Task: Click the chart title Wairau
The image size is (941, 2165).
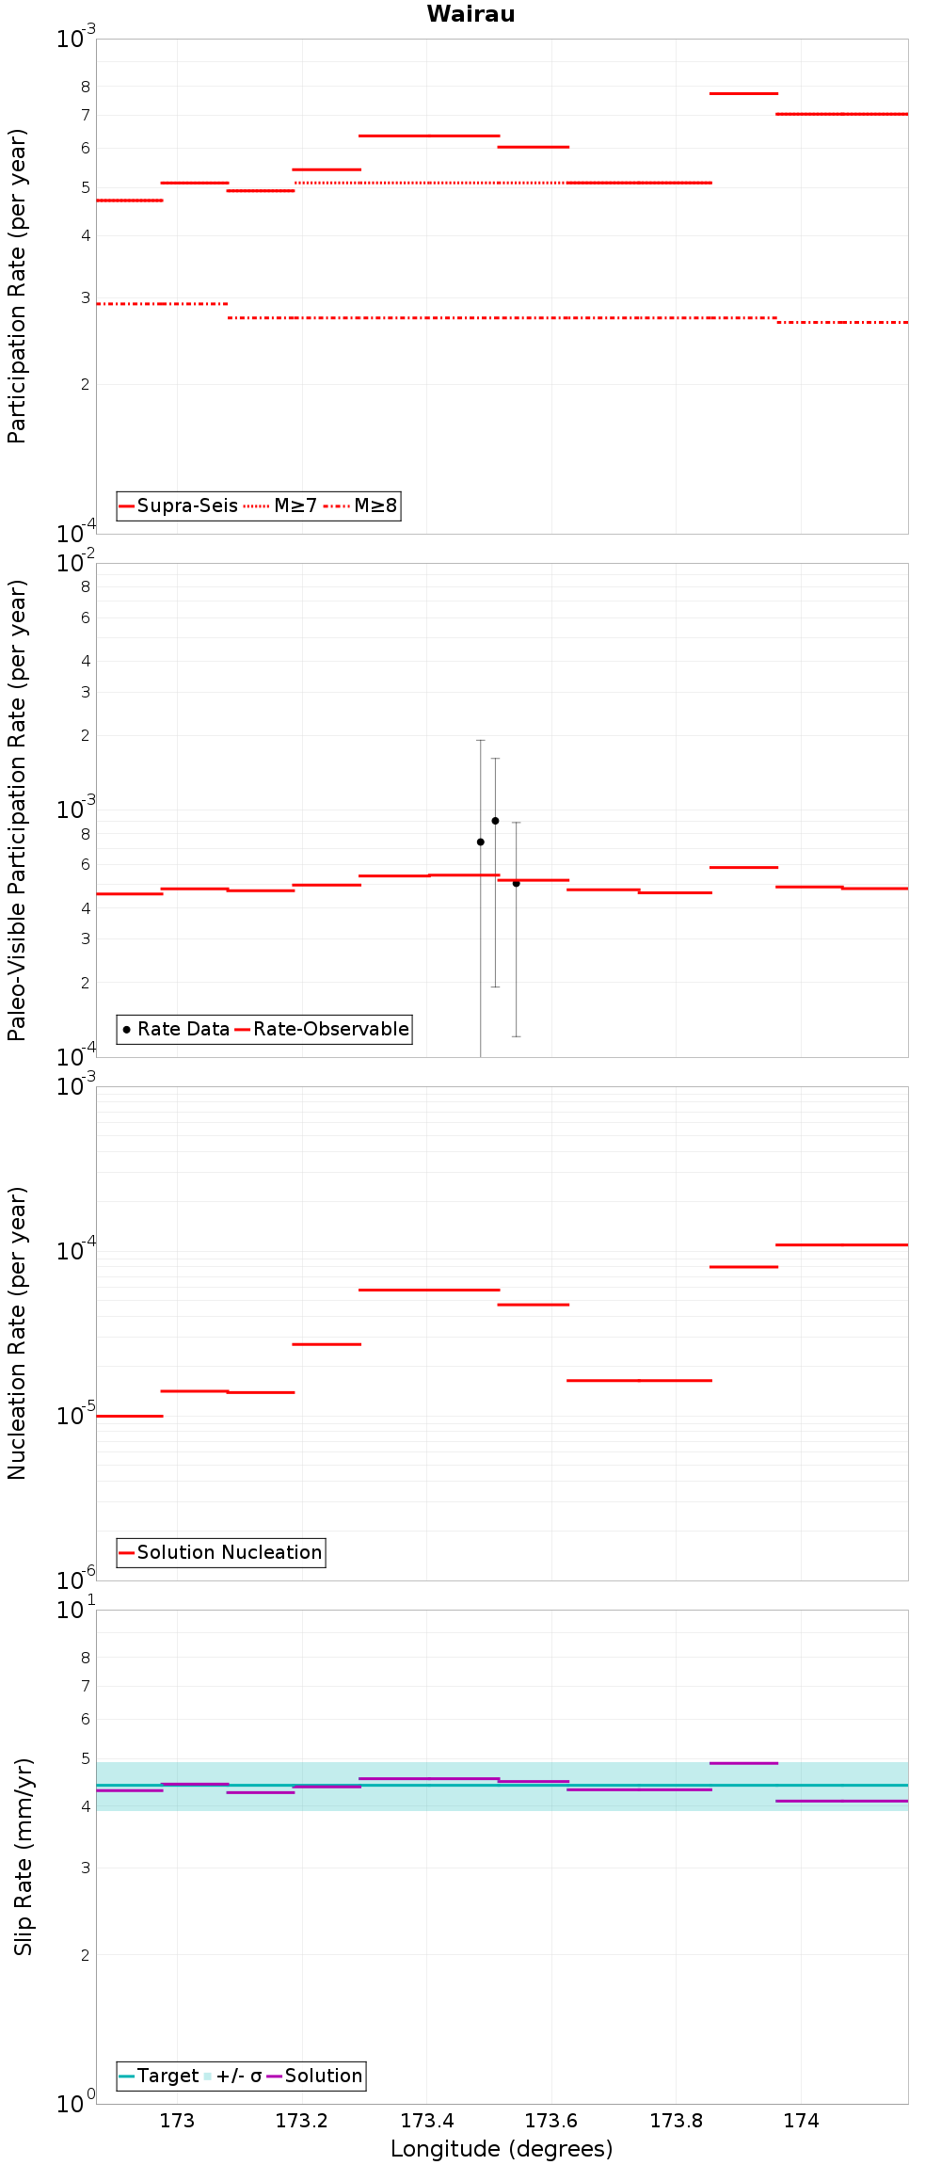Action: [x=470, y=14]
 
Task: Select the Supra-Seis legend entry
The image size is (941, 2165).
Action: [x=179, y=505]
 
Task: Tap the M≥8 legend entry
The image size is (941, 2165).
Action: [x=361, y=505]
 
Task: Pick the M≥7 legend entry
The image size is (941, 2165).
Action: [x=280, y=505]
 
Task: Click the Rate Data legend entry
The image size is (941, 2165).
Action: [x=176, y=1029]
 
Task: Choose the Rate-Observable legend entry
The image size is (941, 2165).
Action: [x=322, y=1029]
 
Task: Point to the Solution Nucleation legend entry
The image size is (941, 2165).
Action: [x=220, y=1552]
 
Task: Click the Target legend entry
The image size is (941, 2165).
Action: [x=159, y=2076]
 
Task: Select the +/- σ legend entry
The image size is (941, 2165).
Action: [x=232, y=2076]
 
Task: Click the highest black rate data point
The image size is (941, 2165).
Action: [x=495, y=821]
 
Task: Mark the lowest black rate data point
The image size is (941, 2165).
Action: [x=516, y=883]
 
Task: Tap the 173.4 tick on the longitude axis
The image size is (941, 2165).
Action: [x=427, y=2121]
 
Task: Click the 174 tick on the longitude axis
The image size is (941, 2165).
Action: [x=801, y=2121]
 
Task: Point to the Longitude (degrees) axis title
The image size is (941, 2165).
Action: [x=502, y=2149]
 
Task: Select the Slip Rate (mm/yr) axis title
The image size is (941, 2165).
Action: [x=23, y=1856]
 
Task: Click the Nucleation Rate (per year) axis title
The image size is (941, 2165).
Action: [x=17, y=1333]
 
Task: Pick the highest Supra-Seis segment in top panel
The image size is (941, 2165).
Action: [x=743, y=93]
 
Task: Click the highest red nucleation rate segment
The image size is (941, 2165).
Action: [x=842, y=1244]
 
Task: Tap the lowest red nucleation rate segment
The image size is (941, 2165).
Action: [x=130, y=1416]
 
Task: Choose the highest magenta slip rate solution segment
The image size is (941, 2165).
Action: [x=743, y=1763]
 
